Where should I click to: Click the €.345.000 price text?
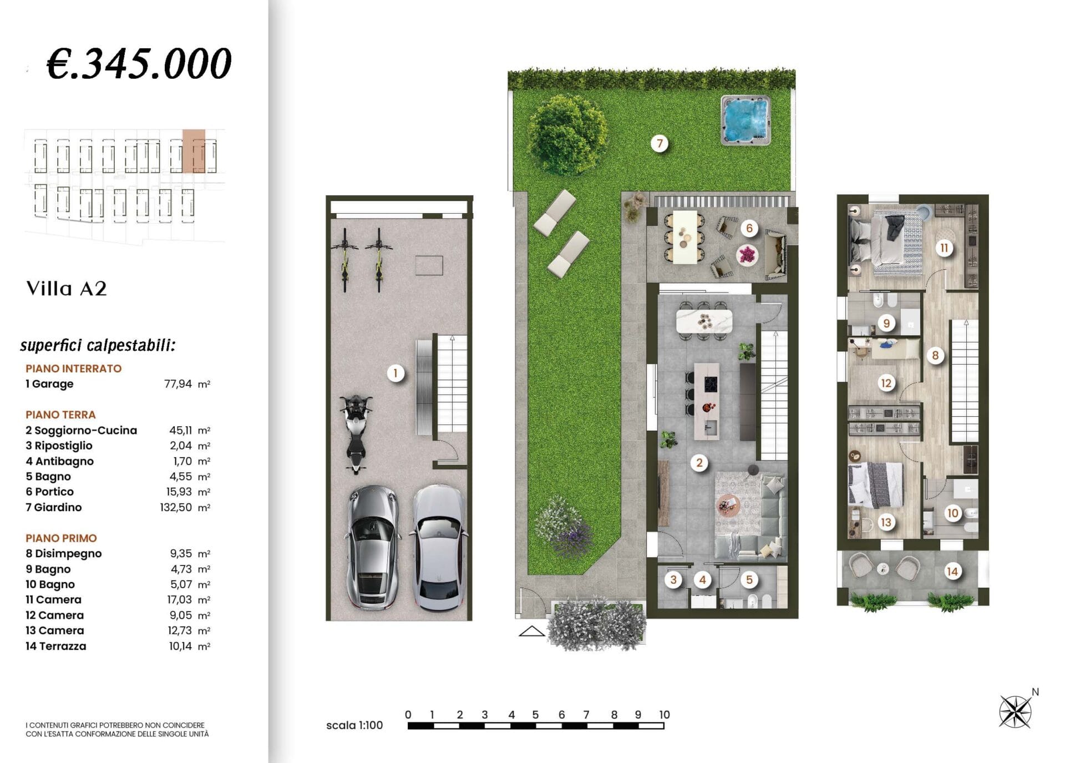point(139,63)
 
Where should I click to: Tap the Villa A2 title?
point(67,289)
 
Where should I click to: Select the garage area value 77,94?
point(178,384)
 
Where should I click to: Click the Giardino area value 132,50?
point(176,507)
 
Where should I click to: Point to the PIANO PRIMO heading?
point(61,538)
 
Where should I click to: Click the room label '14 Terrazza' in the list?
point(56,646)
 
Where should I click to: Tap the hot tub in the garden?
point(745,120)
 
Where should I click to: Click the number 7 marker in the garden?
point(660,144)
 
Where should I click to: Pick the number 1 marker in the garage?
point(395,373)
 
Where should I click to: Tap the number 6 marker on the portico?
point(749,228)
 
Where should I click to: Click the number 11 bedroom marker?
point(944,248)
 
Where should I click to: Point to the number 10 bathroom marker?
point(953,513)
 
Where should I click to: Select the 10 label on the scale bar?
point(665,715)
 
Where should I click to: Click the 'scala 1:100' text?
point(354,725)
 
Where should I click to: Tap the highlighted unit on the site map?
point(194,151)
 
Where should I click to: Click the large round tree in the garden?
point(567,135)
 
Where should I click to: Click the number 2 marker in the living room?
point(699,463)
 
